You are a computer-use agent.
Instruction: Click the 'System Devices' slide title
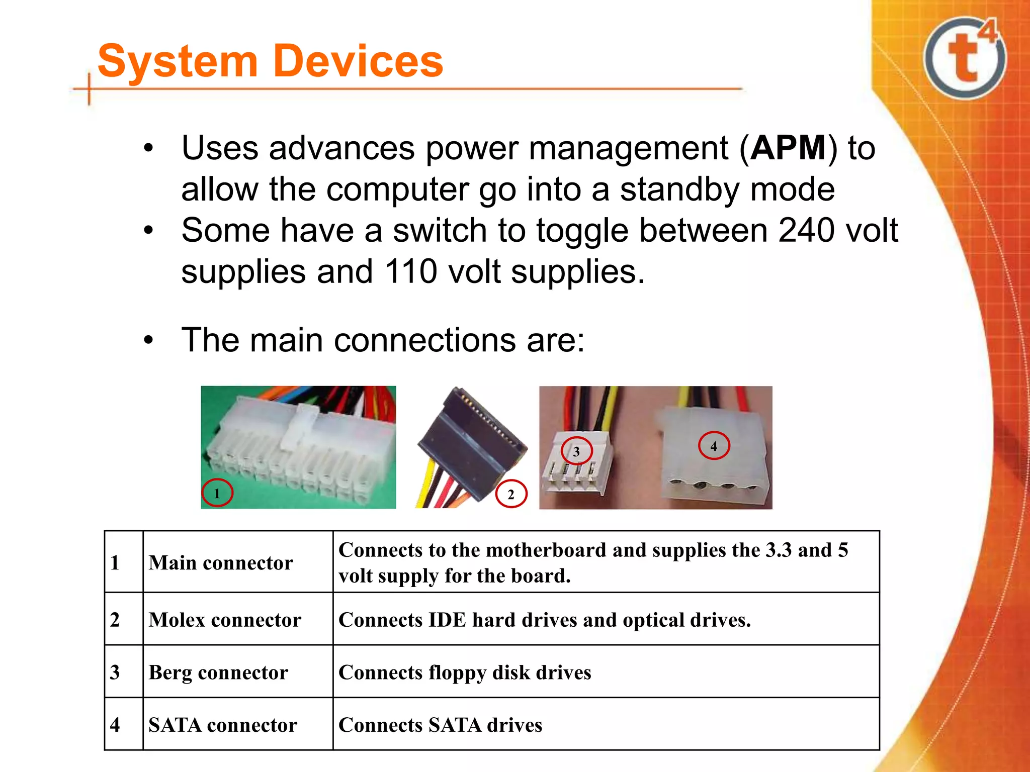270,61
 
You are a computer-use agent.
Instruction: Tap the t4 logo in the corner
965,58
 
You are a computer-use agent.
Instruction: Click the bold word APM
788,148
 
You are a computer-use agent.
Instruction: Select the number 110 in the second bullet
411,272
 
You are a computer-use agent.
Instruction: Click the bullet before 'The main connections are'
148,340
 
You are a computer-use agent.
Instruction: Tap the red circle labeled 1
217,493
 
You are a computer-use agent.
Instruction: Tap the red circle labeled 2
511,494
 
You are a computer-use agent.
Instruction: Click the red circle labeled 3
576,451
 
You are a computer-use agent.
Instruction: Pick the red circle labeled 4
714,445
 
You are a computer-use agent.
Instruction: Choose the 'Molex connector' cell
225,620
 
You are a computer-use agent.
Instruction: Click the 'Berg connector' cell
218,672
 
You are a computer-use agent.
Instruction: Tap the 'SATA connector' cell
222,725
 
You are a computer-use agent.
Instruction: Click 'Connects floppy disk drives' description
465,672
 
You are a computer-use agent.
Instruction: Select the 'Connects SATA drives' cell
440,725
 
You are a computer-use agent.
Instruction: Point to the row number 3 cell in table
115,672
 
